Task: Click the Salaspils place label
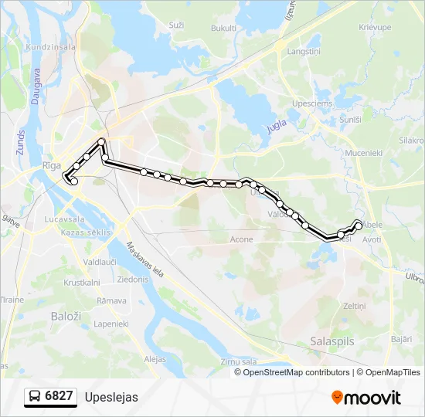pyautogui.click(x=330, y=341)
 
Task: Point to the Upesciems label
pyautogui.click(x=311, y=103)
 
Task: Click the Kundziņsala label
pyautogui.click(x=51, y=47)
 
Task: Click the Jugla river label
pyautogui.click(x=277, y=125)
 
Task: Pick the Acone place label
pyautogui.click(x=241, y=239)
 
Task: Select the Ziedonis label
pyautogui.click(x=134, y=279)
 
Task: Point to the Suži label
pyautogui.click(x=176, y=25)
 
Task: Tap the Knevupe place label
pyautogui.click(x=376, y=27)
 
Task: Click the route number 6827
pyautogui.click(x=59, y=397)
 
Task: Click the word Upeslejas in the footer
pyautogui.click(x=111, y=397)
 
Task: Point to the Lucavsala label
pyautogui.click(x=65, y=219)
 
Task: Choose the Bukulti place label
pyautogui.click(x=223, y=28)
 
